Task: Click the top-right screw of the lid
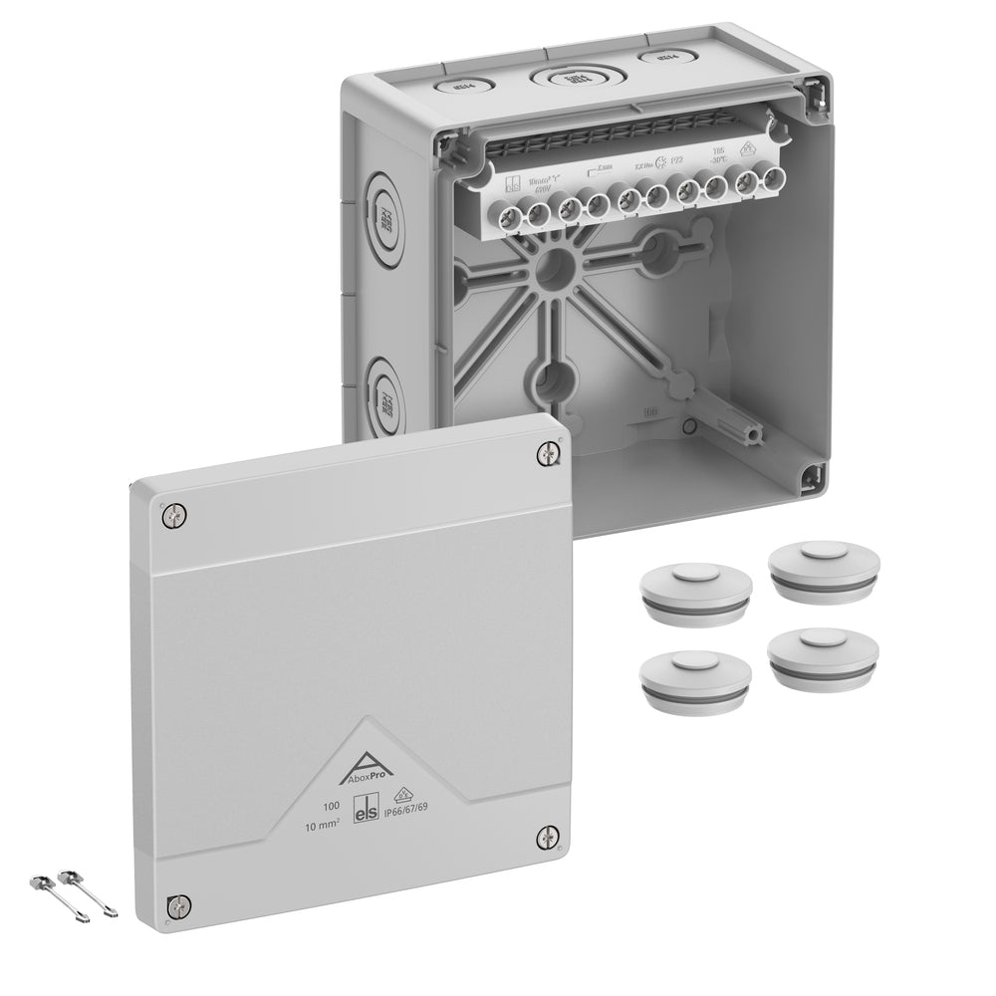click(549, 454)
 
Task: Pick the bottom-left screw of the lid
click(178, 905)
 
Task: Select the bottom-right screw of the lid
click(548, 837)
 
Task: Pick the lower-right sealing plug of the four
click(823, 653)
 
